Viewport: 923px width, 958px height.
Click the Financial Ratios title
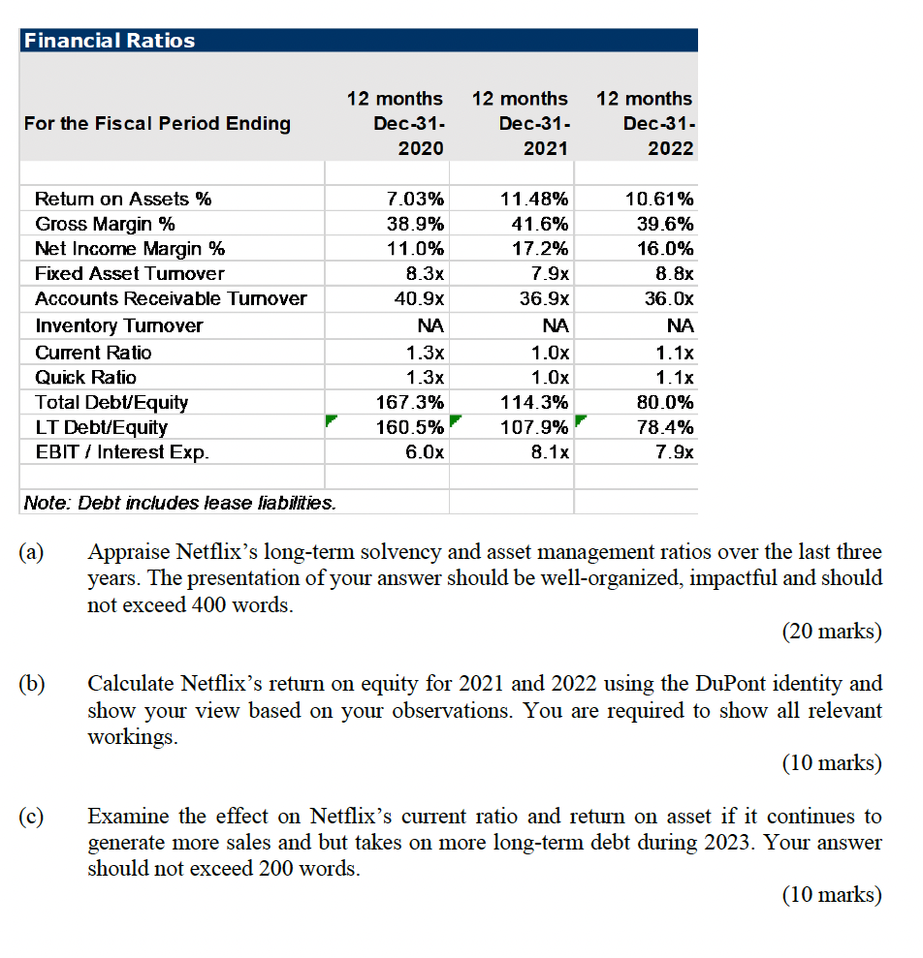[x=109, y=41]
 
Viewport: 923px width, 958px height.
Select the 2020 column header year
[x=421, y=148]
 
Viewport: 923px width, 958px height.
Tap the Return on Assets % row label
[x=123, y=200]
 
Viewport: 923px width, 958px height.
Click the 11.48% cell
[x=535, y=200]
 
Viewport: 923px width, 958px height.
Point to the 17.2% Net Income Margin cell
[x=540, y=249]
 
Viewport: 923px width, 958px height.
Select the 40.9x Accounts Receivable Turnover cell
[x=422, y=299]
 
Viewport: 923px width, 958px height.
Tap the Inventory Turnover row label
[x=118, y=325]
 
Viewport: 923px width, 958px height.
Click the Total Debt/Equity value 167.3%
[x=410, y=402]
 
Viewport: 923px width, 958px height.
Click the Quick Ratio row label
[x=85, y=377]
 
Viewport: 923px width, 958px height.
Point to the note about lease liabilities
[x=180, y=502]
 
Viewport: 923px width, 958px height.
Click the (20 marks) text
[x=831, y=632]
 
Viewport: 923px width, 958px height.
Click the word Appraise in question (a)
[x=126, y=553]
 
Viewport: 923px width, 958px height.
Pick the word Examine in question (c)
[x=123, y=816]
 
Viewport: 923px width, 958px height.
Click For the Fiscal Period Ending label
[x=157, y=123]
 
